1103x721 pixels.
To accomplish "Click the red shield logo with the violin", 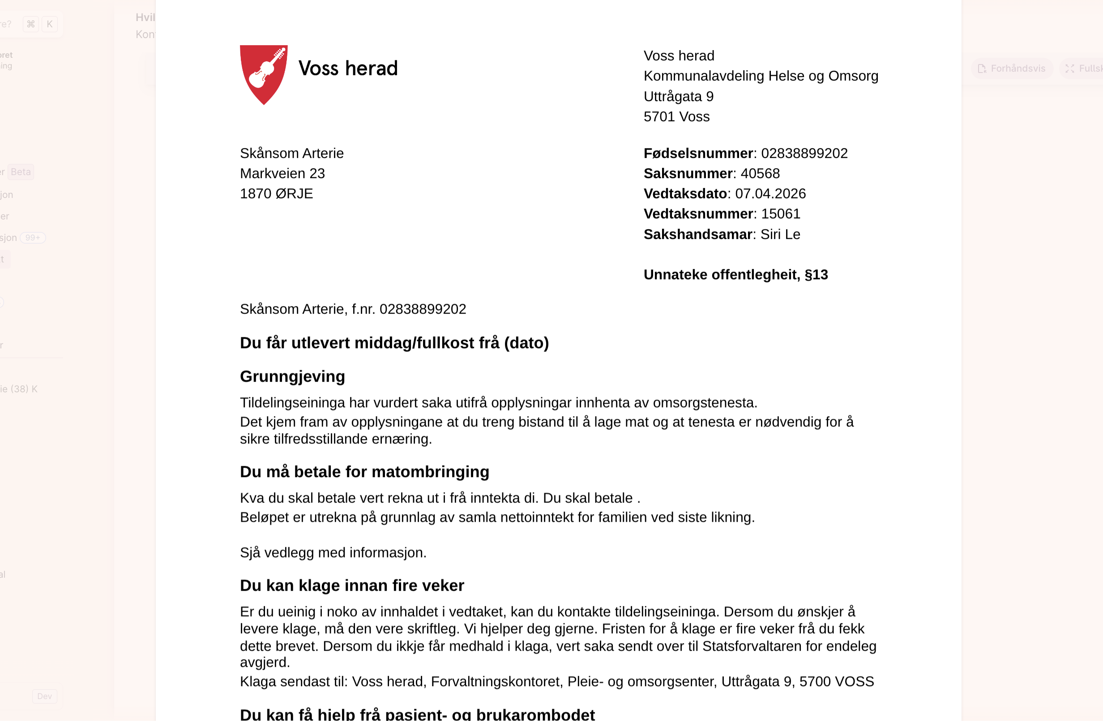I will point(264,74).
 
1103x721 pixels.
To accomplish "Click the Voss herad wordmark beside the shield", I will point(348,69).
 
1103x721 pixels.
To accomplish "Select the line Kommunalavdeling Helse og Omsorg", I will point(761,76).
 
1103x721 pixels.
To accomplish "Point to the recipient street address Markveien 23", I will point(282,173).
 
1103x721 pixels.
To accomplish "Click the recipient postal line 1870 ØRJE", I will point(276,194).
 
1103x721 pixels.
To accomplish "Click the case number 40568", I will point(760,173).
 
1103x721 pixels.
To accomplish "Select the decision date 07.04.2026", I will point(770,194).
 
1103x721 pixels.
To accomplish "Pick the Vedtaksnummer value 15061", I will point(780,214).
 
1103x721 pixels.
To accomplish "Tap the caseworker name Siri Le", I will point(780,235).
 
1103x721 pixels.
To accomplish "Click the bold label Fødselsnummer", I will point(698,154).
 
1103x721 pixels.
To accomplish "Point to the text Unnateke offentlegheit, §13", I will point(735,275).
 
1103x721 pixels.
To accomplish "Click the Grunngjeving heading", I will point(292,377).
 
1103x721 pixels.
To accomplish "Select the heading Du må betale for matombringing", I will point(364,472).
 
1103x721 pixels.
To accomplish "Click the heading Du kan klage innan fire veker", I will point(352,586).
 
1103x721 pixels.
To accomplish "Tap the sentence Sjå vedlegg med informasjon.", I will point(333,553).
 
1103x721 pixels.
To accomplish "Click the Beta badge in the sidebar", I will point(21,172).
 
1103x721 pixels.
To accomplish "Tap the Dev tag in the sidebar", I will point(44,696).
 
